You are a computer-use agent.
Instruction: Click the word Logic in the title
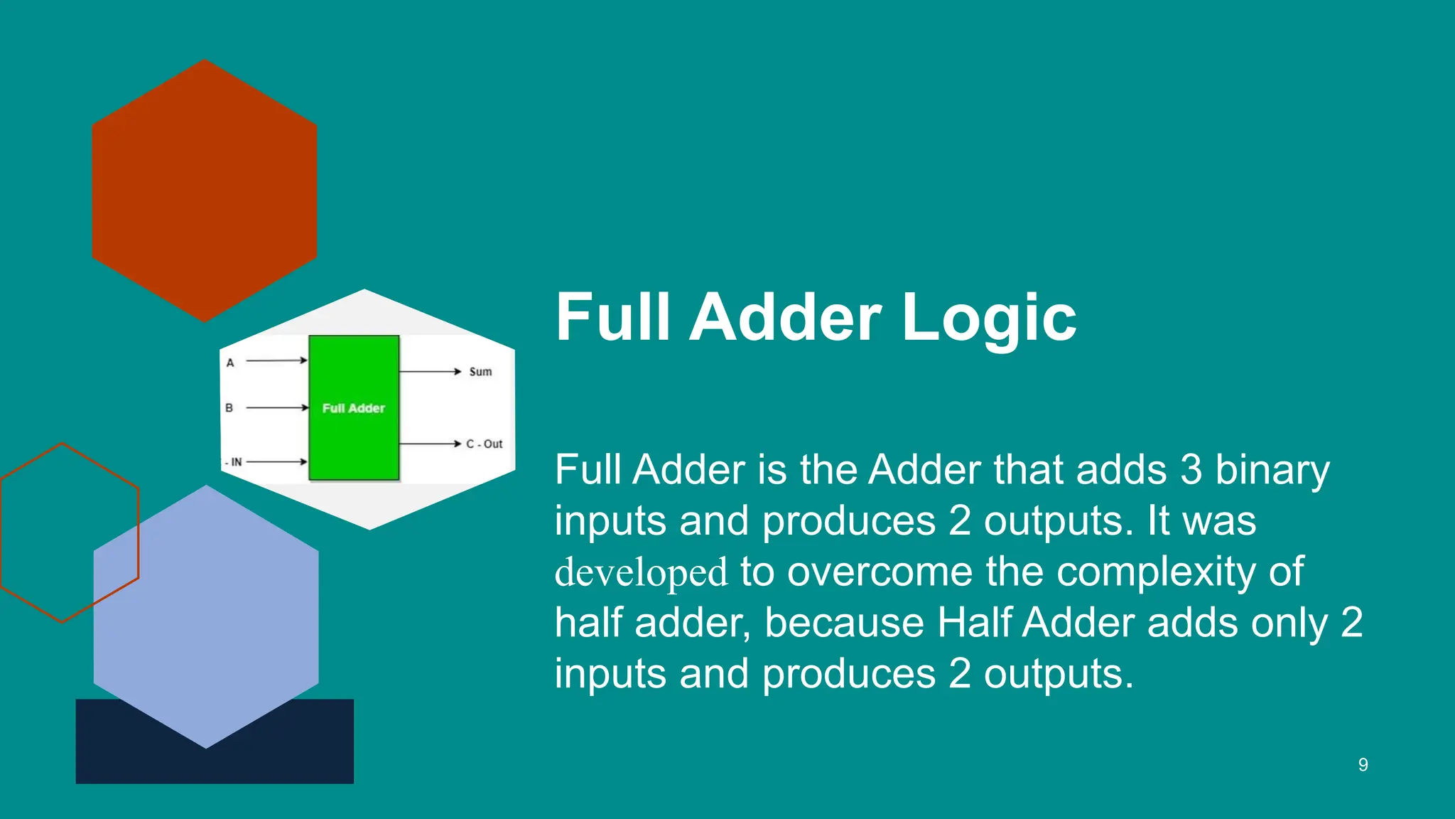[989, 318]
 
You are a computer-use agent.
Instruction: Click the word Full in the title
[612, 318]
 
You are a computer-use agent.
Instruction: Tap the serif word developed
[641, 572]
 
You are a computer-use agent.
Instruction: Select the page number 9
[1363, 765]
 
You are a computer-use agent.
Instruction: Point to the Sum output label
[480, 372]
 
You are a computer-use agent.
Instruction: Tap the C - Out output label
[485, 444]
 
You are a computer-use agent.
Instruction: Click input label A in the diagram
[230, 363]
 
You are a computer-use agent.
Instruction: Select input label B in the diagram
[229, 408]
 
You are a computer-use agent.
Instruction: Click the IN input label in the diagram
[235, 462]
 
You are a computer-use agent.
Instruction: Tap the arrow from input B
[277, 408]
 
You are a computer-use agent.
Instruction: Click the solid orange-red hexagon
[205, 191]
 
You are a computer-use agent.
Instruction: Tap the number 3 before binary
[1191, 470]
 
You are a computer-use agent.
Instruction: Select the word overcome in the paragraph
[880, 572]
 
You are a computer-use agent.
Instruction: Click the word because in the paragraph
[845, 623]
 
